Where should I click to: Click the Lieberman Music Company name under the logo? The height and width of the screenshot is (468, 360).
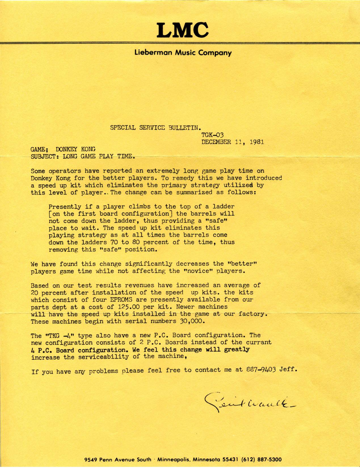pyautogui.click(x=183, y=53)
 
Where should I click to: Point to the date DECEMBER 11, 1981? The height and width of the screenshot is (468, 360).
pyautogui.click(x=233, y=142)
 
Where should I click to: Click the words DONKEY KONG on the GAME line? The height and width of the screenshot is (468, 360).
pyautogui.click(x=75, y=149)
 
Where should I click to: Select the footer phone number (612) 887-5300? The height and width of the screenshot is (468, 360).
pyautogui.click(x=261, y=459)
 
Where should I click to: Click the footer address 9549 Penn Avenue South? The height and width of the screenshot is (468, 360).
pyautogui.click(x=118, y=459)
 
